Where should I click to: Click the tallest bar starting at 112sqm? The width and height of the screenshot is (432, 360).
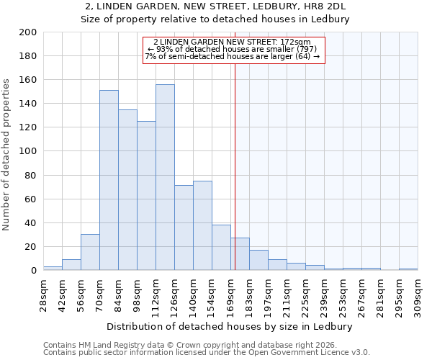point(165,177)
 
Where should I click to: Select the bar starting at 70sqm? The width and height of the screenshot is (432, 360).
point(109,180)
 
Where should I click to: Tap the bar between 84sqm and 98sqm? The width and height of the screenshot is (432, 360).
point(127,189)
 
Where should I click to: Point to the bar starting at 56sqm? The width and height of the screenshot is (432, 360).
point(90,252)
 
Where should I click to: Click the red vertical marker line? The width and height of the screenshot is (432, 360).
point(235,166)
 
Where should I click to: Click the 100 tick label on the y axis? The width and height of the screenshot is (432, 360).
point(27,152)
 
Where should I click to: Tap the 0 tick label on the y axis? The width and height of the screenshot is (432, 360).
point(33,271)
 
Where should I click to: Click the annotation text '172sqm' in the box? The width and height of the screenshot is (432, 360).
point(296,42)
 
